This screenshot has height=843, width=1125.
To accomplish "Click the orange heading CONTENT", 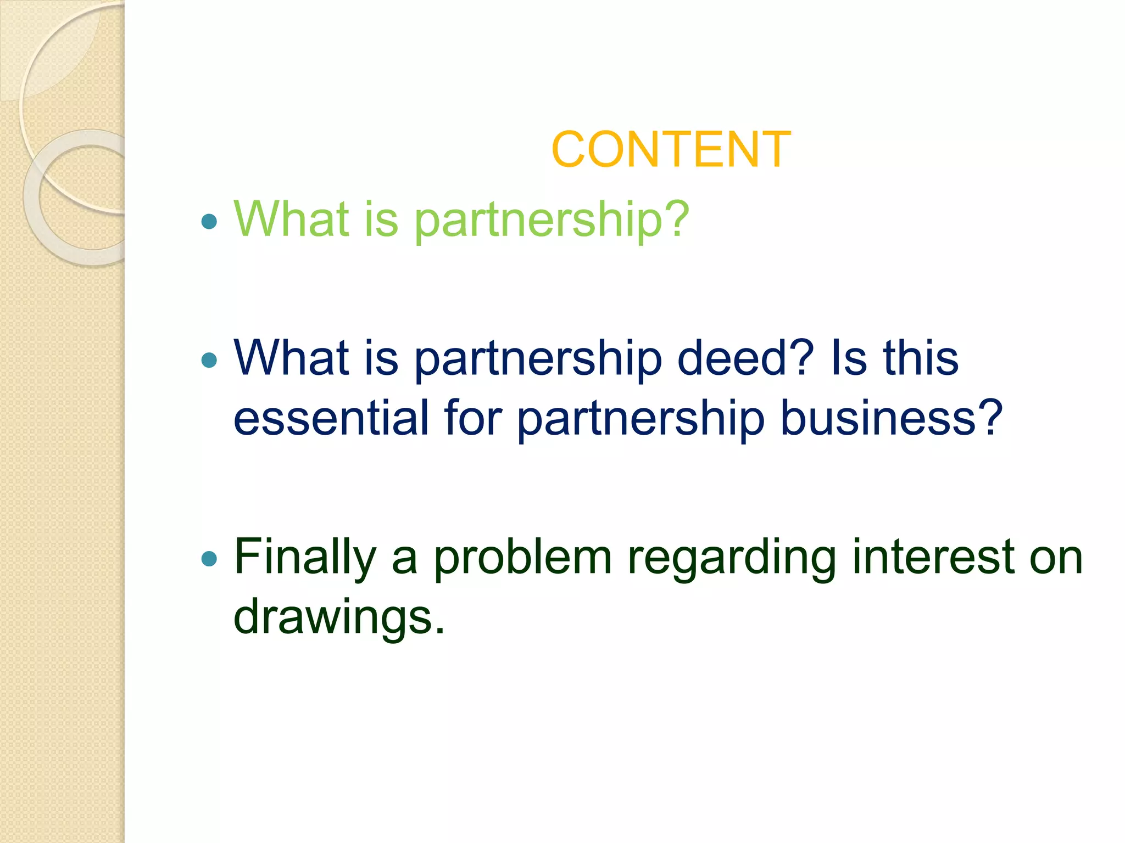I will [671, 150].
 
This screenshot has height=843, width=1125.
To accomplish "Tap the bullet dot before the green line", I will [209, 222].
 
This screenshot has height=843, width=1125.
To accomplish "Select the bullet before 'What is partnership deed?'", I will [209, 360].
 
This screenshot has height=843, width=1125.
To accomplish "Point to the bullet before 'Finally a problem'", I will [209, 559].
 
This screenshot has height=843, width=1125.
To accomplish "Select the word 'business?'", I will [891, 418].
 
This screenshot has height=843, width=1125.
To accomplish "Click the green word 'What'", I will [292, 220].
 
